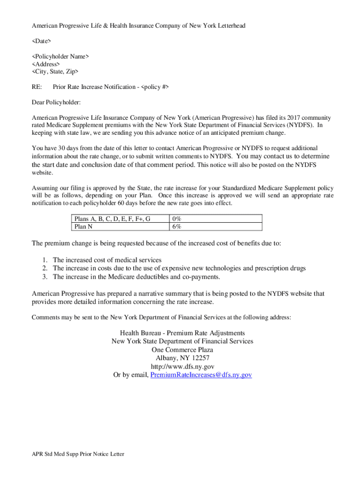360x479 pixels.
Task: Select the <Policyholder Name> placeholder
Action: pyautogui.click(x=60, y=57)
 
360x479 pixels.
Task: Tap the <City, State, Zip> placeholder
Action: pyautogui.click(x=55, y=72)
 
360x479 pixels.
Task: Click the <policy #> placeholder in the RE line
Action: pyautogui.click(x=155, y=87)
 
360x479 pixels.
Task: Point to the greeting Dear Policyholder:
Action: pyautogui.click(x=56, y=102)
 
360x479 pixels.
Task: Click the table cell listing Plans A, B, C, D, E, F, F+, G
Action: pyautogui.click(x=112, y=218)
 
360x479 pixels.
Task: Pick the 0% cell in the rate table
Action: pyautogui.click(x=177, y=218)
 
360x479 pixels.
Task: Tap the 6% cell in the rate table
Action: pyautogui.click(x=177, y=226)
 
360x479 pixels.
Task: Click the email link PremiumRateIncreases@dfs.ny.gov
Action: pyautogui.click(x=201, y=375)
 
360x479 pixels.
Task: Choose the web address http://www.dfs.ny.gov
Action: pyautogui.click(x=182, y=366)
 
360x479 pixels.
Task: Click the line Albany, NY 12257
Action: pyautogui.click(x=182, y=358)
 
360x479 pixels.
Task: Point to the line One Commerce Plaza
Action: pyautogui.click(x=182, y=349)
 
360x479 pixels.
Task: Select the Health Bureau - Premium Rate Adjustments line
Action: pyautogui.click(x=182, y=333)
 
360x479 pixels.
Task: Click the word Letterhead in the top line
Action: pyautogui.click(x=229, y=26)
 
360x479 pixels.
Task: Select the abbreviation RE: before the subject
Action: pyautogui.click(x=36, y=87)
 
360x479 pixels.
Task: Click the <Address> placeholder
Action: pyautogui.click(x=46, y=64)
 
